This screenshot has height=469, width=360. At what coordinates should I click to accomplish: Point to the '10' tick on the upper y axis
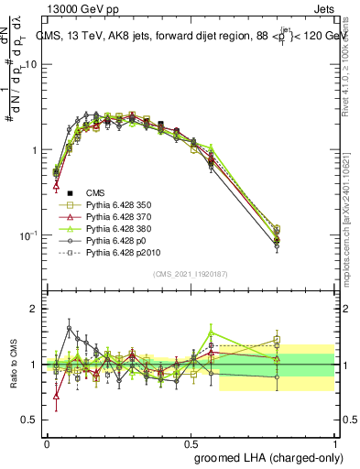32,65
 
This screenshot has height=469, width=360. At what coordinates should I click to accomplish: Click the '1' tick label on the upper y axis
35,150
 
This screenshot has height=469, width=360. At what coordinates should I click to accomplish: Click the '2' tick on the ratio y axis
35,310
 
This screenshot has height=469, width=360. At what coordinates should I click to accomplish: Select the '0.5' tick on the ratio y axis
30,420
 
